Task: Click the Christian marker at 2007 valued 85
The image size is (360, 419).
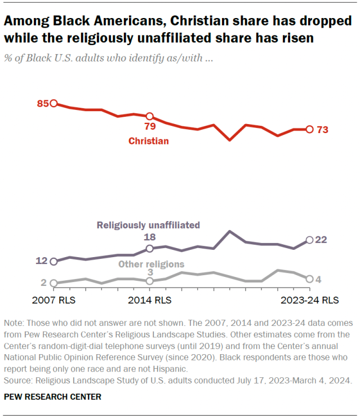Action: click(54, 103)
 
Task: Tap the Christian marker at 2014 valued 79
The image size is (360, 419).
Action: click(149, 116)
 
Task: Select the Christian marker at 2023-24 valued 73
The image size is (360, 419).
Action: click(309, 129)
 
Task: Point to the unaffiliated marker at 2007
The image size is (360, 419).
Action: click(54, 262)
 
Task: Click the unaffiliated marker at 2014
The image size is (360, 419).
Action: click(149, 249)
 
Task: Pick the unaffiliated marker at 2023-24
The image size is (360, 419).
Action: click(309, 240)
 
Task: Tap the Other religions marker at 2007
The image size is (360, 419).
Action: click(54, 283)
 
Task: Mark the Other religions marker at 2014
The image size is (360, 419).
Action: click(149, 281)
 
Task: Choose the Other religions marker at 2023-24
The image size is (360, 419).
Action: click(309, 279)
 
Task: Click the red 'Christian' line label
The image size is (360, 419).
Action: click(148, 141)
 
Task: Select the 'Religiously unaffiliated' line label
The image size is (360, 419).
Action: click(148, 225)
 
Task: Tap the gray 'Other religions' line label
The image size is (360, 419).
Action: click(150, 264)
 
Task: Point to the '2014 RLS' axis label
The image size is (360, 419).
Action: click(149, 300)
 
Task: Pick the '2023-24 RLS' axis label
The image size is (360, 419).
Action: click(310, 300)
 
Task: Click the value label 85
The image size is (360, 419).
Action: click(43, 103)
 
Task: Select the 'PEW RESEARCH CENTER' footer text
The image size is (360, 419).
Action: click(53, 396)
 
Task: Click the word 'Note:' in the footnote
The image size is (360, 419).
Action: click(14, 324)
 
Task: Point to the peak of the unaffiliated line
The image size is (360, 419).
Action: click(229, 231)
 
